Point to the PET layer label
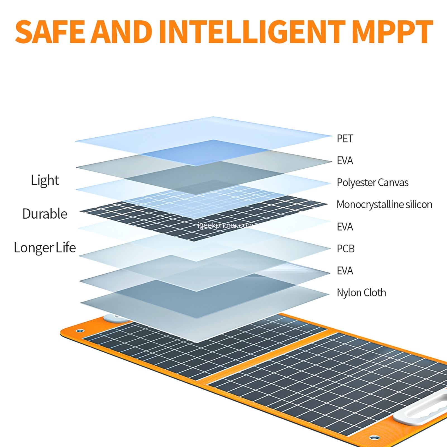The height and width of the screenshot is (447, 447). tap(345, 138)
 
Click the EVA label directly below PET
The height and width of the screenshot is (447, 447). tap(345, 161)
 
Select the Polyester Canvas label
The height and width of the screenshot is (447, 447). tap(372, 183)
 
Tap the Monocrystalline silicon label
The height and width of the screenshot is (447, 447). tap(384, 204)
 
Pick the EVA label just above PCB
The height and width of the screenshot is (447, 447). tap(345, 227)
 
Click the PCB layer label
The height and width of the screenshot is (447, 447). tap(346, 248)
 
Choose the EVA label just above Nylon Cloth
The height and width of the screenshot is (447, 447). tap(345, 271)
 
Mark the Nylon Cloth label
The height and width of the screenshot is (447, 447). tap(361, 293)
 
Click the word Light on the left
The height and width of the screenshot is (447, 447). tap(45, 180)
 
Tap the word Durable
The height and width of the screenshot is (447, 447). tap(45, 214)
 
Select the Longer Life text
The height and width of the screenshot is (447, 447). tap(45, 248)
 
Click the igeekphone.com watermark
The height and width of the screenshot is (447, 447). tap(225, 225)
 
